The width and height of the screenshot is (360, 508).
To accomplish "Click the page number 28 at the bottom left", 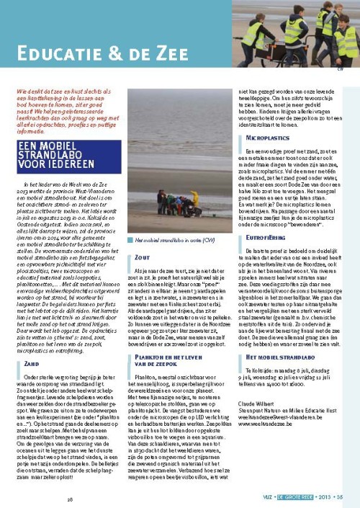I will pos(71,496).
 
